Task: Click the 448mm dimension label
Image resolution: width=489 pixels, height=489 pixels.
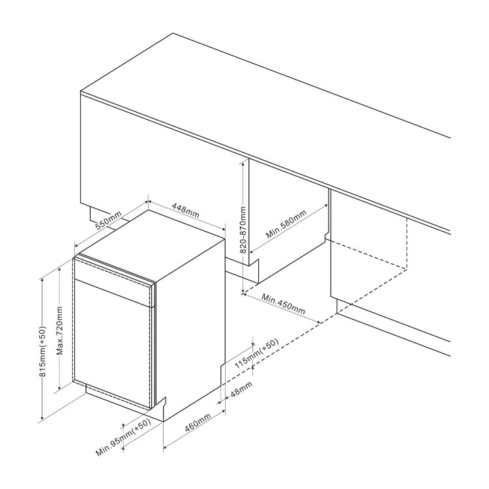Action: point(185,211)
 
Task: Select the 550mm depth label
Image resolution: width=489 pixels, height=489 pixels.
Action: point(108,220)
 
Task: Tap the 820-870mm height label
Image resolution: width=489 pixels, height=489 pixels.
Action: point(243,230)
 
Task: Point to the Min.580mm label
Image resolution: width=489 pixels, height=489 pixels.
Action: point(286,224)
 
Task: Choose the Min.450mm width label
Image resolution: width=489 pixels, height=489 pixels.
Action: point(283,304)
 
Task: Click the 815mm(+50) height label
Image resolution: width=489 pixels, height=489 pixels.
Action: point(42,351)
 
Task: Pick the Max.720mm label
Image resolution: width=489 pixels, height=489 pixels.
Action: point(60,331)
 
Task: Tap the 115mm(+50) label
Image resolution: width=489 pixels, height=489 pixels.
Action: point(256,353)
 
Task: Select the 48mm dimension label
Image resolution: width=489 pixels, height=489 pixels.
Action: point(241,389)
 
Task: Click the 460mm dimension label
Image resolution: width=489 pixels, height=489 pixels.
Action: point(198,422)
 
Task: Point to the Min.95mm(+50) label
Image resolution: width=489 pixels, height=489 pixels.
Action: point(123,437)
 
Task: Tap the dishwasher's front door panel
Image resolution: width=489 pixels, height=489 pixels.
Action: point(112,343)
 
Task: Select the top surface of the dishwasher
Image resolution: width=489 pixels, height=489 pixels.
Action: point(153,243)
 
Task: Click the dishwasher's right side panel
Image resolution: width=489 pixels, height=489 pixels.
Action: point(190,327)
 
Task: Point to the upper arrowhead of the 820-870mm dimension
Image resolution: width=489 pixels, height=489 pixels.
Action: point(243,164)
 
